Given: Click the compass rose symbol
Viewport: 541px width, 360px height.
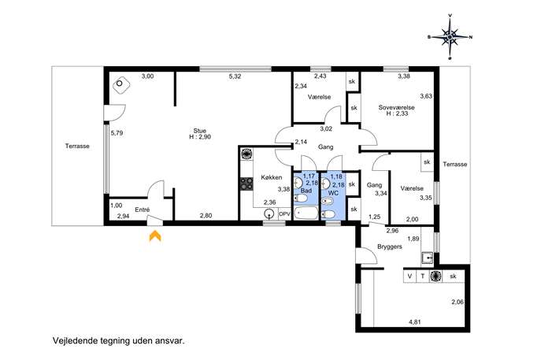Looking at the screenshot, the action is [450, 36].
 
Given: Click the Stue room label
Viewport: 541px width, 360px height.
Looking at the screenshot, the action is [200, 131].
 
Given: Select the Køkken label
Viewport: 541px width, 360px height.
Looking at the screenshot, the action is [272, 177].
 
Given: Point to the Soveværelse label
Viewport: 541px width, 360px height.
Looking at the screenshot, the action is [396, 107].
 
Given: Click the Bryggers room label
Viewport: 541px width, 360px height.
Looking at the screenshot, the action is [390, 247].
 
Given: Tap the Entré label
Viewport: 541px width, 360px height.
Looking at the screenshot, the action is [143, 210].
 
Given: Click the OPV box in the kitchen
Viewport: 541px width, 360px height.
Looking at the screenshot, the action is [284, 214].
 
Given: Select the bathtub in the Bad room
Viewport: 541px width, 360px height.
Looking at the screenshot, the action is [306, 213].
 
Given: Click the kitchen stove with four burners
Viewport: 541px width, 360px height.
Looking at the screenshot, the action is [246, 184].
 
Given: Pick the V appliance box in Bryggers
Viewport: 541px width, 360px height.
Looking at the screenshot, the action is [410, 276].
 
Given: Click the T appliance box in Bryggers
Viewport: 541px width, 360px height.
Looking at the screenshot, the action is [423, 276].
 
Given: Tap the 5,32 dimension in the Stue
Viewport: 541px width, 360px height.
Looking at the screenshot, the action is [235, 76].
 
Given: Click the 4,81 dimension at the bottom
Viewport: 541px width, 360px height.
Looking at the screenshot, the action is [415, 322].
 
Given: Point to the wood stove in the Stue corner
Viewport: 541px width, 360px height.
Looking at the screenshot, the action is [120, 84].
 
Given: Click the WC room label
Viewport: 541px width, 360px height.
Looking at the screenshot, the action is [333, 193].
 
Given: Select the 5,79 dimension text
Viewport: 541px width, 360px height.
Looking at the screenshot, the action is [117, 133].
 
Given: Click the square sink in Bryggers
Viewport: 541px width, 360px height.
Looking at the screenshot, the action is [427, 258].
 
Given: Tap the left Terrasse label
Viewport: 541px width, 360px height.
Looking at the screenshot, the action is [77, 146].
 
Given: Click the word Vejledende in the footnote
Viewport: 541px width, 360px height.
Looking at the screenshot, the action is [71, 341].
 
